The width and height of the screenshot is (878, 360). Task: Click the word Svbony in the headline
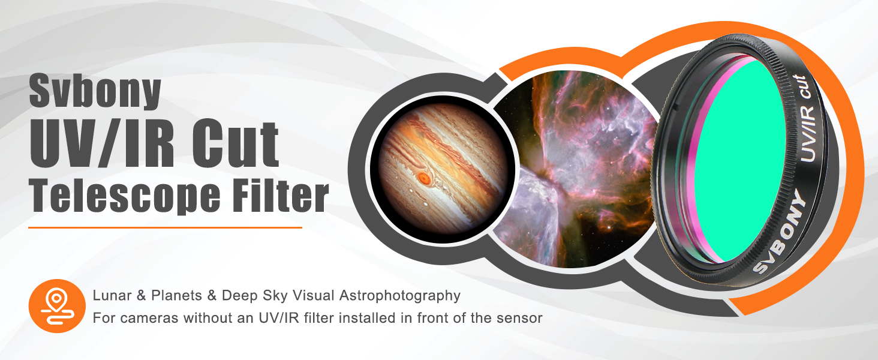tap(95, 92)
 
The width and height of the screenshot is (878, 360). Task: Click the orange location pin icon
tap(57, 305)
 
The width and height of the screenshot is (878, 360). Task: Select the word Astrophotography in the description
tap(400, 296)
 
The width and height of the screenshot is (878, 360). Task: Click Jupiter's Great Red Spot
tap(424, 178)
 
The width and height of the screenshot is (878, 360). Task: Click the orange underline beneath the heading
tap(165, 227)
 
